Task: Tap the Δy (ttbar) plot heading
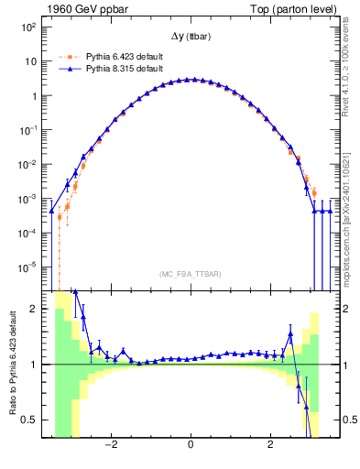(x=191, y=36)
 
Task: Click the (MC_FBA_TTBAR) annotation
(x=190, y=274)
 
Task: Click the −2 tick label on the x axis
(x=110, y=449)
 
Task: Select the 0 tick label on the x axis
(x=191, y=449)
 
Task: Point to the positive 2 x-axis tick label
(x=270, y=449)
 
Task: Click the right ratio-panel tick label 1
(x=344, y=365)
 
